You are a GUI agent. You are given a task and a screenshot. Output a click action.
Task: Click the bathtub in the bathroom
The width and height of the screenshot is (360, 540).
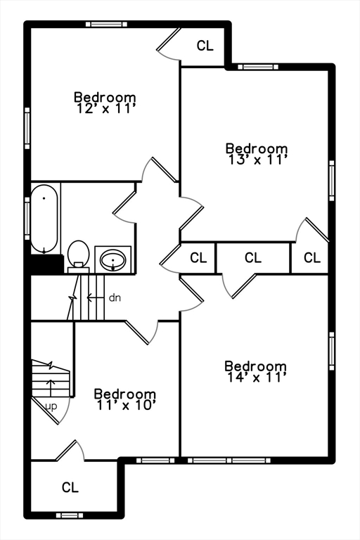44,219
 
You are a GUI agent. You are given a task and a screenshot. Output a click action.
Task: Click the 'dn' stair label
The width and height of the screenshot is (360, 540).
115,298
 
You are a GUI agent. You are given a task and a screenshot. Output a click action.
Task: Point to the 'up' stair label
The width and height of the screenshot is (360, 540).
51,407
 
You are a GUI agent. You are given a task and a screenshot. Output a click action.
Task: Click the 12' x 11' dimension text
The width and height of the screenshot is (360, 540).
105,109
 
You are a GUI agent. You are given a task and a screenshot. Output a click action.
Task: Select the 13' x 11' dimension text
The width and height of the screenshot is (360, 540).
257,160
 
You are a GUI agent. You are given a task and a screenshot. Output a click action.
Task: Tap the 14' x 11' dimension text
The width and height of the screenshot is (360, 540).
257,378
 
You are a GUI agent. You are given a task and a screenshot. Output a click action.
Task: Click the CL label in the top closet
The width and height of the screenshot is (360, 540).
205,46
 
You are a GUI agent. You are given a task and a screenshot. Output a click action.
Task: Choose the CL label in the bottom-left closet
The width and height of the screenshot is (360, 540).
70,487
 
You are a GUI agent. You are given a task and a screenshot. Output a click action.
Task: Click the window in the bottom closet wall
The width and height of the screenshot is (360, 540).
70,515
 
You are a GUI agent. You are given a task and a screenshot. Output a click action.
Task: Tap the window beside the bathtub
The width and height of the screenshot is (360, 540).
27,219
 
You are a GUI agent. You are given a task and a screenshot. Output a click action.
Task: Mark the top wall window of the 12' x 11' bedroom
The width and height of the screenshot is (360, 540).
106,24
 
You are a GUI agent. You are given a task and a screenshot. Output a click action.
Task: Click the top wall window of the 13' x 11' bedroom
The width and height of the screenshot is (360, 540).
258,67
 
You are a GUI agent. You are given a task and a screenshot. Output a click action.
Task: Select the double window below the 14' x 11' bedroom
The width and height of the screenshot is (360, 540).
229,460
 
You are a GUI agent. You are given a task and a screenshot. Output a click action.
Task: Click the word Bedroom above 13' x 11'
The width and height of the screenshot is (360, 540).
257,148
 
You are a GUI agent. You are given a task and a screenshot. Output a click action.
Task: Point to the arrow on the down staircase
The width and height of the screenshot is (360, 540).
95,297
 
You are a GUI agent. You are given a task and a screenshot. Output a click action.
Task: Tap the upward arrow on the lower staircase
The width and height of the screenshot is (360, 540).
51,388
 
